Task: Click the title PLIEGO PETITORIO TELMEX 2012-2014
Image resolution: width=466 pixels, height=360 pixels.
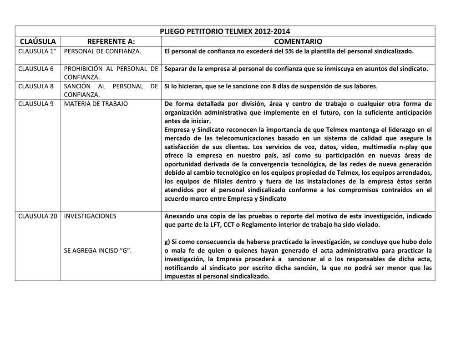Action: click(225, 31)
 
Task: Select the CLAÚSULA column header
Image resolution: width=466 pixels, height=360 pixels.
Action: click(38, 41)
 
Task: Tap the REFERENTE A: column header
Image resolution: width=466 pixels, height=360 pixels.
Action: click(111, 41)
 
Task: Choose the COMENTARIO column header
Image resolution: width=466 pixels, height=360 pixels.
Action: click(298, 41)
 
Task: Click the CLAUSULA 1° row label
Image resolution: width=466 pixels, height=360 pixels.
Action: click(37, 51)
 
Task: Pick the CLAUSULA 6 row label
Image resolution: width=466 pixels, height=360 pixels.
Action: click(36, 69)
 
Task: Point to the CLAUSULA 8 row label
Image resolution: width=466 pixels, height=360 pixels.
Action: click(36, 86)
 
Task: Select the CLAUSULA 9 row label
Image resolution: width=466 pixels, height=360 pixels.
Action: click(36, 103)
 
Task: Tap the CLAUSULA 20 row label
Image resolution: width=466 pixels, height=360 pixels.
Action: click(38, 216)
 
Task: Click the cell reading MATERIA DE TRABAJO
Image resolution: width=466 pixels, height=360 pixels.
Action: click(96, 103)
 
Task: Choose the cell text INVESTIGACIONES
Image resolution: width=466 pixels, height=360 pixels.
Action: click(90, 216)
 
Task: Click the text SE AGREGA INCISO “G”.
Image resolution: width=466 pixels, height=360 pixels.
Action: click(98, 251)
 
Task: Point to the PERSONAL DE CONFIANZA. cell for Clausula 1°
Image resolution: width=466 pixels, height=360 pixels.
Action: click(103, 51)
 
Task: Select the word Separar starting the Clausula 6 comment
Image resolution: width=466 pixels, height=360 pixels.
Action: click(176, 69)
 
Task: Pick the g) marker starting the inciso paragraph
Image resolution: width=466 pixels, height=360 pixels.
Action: click(167, 242)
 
